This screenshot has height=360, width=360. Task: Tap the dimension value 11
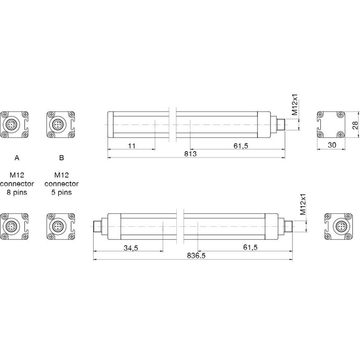(x=132, y=146)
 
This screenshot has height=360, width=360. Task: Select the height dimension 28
(x=355, y=125)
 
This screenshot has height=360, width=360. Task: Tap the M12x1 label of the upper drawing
(x=295, y=106)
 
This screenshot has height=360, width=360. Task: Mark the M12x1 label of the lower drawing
(x=303, y=205)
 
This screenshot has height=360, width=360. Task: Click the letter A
(x=17, y=158)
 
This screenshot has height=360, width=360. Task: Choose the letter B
(x=61, y=158)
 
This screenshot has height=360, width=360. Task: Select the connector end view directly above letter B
(x=59, y=124)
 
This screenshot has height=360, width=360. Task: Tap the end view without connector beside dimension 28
(x=331, y=124)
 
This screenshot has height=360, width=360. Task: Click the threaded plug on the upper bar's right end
(x=280, y=124)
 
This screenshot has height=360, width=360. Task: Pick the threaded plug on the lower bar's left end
(x=98, y=226)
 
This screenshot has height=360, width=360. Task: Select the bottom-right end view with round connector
(x=338, y=226)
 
